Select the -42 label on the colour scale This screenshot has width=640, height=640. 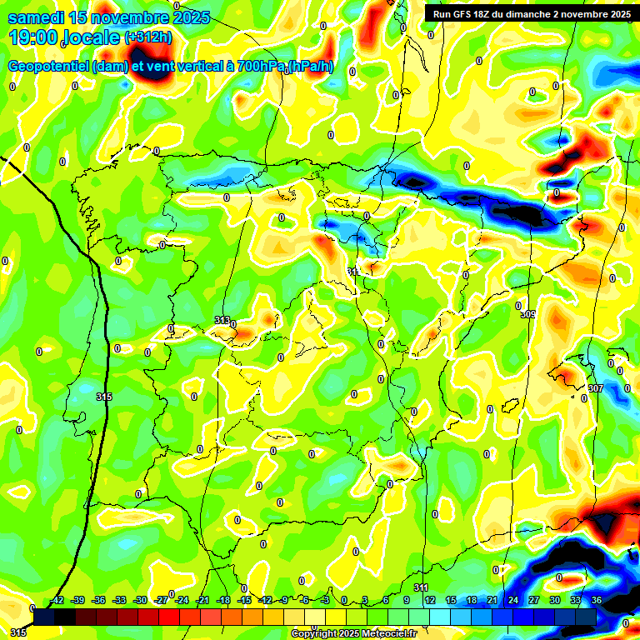[x=57, y=601]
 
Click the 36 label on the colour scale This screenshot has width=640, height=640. [x=597, y=601]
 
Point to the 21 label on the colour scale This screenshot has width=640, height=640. [x=492, y=601]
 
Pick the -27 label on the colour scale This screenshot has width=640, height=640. [x=162, y=601]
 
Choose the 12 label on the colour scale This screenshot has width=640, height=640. [x=429, y=601]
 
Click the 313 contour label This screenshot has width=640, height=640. [x=222, y=320]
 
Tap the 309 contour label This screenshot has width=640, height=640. [x=527, y=314]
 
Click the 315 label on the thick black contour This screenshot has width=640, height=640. [x=103, y=397]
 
